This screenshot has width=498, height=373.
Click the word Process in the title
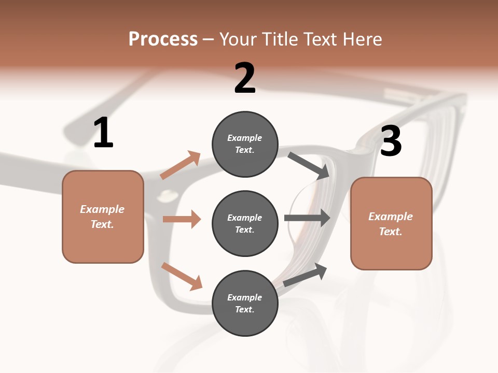point(163,39)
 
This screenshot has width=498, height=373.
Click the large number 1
point(104,132)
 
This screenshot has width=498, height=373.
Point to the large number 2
point(245,78)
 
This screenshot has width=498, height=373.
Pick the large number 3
point(391,141)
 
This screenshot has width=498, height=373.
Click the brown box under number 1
point(103,217)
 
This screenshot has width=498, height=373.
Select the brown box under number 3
point(391,224)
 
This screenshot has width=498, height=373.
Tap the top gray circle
point(245,144)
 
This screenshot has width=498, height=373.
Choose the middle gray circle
point(245,224)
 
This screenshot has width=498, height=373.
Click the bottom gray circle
point(245,303)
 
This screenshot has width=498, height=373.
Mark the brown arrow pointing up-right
point(181,165)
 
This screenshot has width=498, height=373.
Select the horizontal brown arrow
point(182,219)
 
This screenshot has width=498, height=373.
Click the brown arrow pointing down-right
point(182,277)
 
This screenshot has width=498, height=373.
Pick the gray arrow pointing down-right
point(309,165)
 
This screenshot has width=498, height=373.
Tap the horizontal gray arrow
point(307,218)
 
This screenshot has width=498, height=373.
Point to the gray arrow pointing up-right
point(305,275)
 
